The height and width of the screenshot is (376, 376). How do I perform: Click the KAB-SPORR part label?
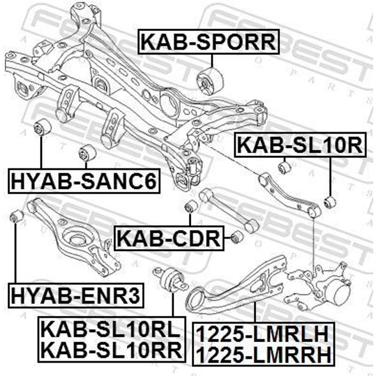[x=208, y=42]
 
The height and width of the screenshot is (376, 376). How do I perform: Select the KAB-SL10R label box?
[x=300, y=145]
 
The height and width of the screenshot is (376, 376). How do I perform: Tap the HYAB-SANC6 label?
[x=84, y=181]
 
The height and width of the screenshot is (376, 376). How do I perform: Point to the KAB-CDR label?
[x=169, y=238]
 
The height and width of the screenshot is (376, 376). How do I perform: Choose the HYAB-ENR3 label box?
[x=76, y=296]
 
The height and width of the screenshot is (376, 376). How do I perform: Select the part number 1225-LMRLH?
[x=262, y=334]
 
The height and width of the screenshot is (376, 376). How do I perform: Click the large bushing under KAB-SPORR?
[x=210, y=81]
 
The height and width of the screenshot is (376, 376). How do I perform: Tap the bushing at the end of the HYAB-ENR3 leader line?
[x=16, y=216]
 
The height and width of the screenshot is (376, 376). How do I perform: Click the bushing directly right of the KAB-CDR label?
[x=237, y=236]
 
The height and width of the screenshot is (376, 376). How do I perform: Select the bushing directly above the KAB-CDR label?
[x=192, y=206]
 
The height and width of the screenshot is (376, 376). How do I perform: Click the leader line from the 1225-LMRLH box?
[x=255, y=311]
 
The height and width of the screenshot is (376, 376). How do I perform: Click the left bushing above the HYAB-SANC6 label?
[x=42, y=127]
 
